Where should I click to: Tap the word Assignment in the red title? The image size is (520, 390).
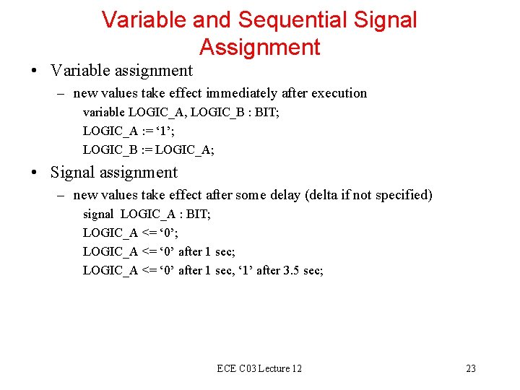[259, 47]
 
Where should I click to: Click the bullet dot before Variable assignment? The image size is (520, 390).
[35, 71]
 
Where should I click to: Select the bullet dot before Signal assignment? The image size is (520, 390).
[35, 173]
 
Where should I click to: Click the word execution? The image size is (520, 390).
[340, 93]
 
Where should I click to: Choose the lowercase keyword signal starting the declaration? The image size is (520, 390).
[98, 214]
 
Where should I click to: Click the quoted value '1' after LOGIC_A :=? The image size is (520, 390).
[168, 131]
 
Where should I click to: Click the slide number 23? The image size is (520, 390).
[471, 368]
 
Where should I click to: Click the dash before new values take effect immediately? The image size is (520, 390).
[64, 93]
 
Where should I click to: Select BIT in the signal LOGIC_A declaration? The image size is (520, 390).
[197, 214]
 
